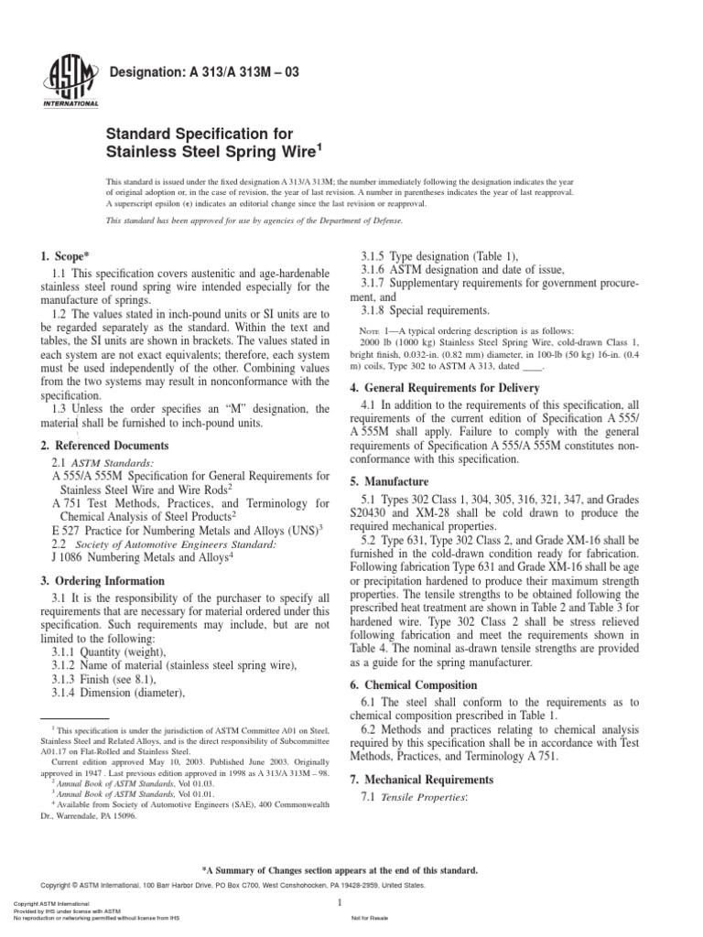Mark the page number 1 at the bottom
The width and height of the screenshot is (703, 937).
(x=339, y=902)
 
